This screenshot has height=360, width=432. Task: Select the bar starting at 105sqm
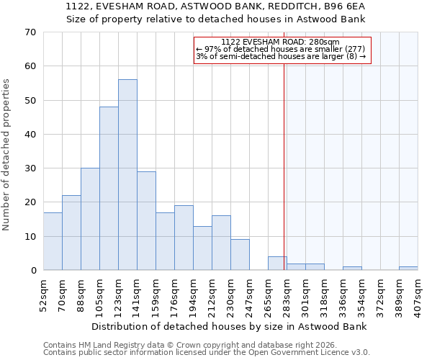pyautogui.click(x=109, y=189)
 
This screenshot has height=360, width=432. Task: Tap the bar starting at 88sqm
pyautogui.click(x=90, y=219)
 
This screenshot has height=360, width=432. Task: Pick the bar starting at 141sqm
pyautogui.click(x=146, y=221)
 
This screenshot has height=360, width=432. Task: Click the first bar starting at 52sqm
pyautogui.click(x=53, y=241)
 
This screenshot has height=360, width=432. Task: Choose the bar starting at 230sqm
pyautogui.click(x=240, y=255)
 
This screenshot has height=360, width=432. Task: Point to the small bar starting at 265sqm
pyautogui.click(x=277, y=264)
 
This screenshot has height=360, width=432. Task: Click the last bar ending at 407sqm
pyautogui.click(x=408, y=269)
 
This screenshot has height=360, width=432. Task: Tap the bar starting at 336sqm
pyautogui.click(x=352, y=269)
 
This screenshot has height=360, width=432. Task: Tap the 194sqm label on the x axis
pyautogui.click(x=194, y=292)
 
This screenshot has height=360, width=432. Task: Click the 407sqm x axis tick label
pyautogui.click(x=418, y=292)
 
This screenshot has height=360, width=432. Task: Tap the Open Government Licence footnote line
pyautogui.click(x=207, y=353)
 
